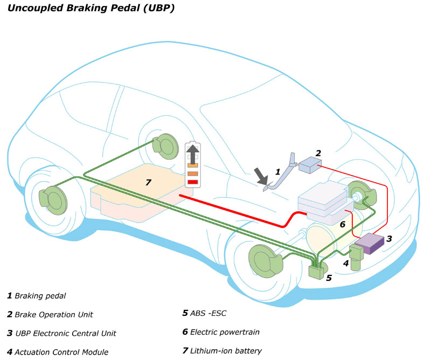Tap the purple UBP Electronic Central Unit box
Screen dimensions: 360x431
(x=369, y=244)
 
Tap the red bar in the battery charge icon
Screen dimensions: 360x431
(x=193, y=182)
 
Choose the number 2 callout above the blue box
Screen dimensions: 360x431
(x=318, y=153)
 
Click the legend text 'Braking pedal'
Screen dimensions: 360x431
(x=40, y=295)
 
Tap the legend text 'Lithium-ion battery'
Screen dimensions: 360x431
(x=226, y=351)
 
